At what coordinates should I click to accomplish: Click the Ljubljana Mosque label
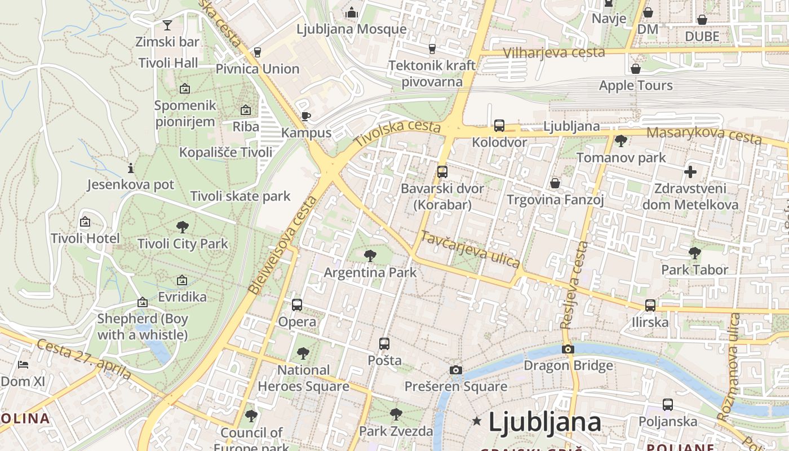351,29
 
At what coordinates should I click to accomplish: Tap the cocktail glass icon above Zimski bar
167,25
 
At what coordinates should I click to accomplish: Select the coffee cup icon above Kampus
305,117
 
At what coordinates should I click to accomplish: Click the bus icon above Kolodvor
499,125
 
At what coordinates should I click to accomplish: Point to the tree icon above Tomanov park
621,141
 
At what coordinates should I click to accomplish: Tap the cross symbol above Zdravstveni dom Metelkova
690,172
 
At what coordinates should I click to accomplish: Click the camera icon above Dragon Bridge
568,349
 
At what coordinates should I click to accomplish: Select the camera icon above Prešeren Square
456,370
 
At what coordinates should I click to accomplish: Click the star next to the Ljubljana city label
477,421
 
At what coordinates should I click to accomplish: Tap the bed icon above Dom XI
23,365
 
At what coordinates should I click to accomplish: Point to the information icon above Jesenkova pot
131,168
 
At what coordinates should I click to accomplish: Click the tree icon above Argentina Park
370,256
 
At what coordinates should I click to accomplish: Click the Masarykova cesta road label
704,135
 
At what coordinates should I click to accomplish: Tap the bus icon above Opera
297,305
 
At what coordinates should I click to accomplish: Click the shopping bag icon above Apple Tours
636,69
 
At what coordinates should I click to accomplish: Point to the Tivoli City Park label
183,244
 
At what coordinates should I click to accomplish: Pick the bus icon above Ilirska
650,306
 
